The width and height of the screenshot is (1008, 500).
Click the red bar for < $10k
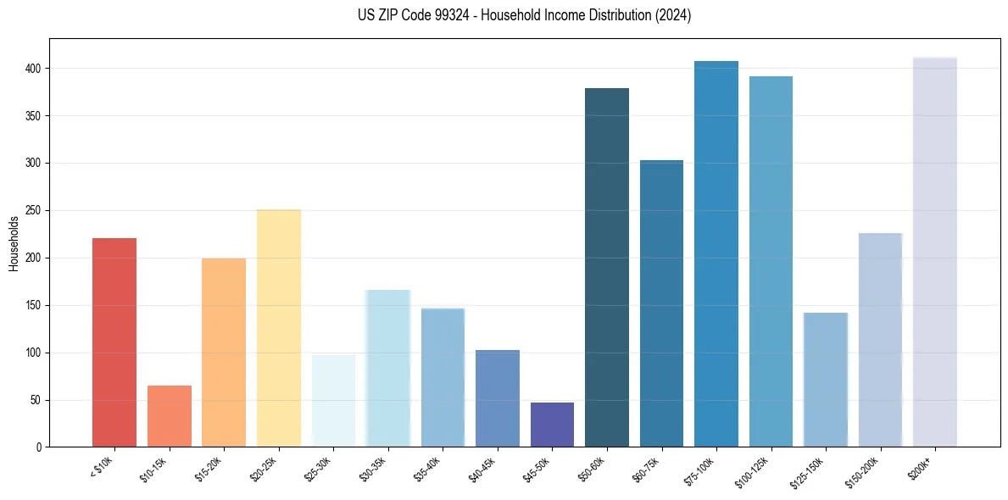tap(114, 342)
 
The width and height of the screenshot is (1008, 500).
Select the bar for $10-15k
tap(170, 416)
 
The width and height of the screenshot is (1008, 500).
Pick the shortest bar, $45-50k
tap(552, 425)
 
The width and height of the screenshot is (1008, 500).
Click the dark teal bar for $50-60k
tap(607, 267)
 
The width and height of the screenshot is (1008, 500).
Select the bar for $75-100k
tap(716, 254)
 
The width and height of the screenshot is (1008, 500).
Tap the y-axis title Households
tap(14, 242)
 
